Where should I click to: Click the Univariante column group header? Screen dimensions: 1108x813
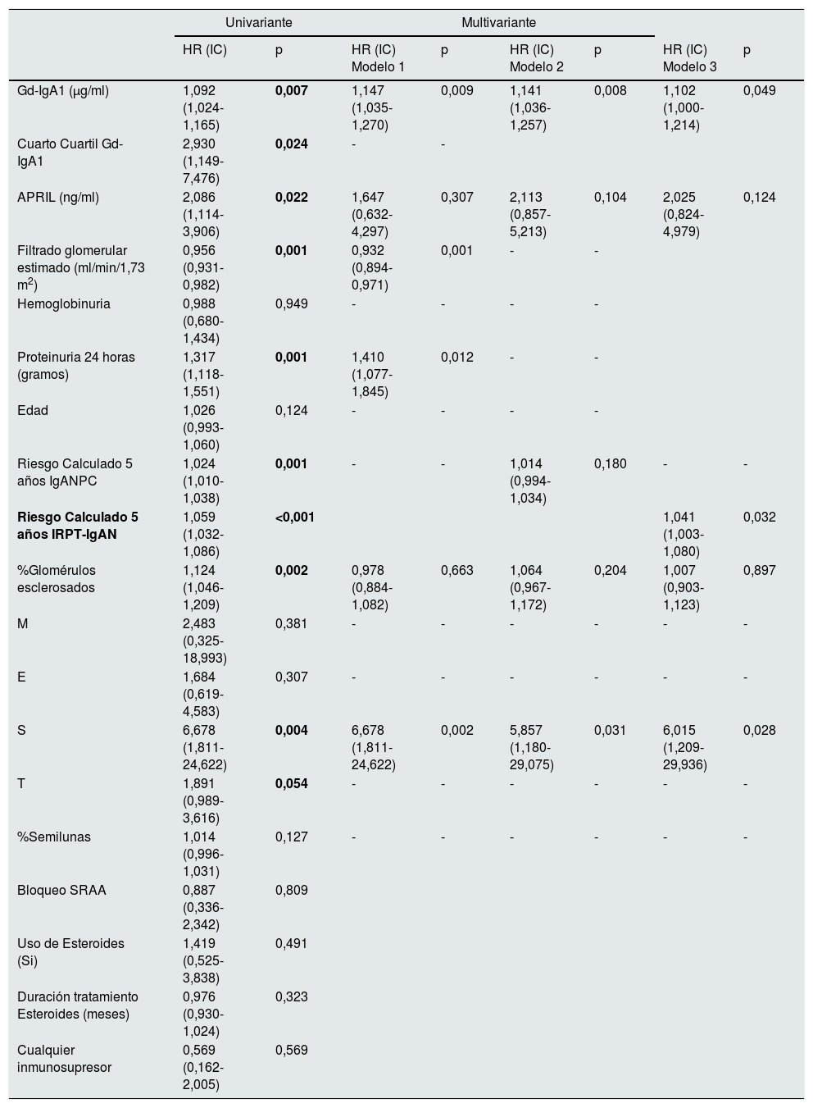click(x=259, y=23)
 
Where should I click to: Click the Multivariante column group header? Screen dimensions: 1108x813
click(x=498, y=23)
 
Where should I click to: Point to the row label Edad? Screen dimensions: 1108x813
click(x=33, y=411)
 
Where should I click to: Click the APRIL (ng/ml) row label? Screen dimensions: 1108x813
click(x=58, y=198)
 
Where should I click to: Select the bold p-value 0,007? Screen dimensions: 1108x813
click(x=292, y=91)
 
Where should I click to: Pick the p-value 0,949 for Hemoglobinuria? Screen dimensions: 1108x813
click(x=292, y=304)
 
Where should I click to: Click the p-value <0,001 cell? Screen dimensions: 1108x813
click(x=295, y=518)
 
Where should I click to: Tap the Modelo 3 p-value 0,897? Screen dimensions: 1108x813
click(x=759, y=571)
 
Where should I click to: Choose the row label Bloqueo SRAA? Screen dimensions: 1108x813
click(x=61, y=891)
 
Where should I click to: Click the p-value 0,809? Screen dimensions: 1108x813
click(x=292, y=891)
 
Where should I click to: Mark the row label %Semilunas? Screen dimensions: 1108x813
click(x=54, y=837)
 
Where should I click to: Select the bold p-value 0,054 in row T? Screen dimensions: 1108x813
click(x=292, y=784)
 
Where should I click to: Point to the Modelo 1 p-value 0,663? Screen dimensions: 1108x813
click(x=456, y=571)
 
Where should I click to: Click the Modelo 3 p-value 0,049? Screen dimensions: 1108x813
click(x=759, y=91)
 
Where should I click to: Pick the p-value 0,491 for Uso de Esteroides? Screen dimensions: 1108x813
click(x=292, y=944)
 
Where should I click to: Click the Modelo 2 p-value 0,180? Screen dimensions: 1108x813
click(x=610, y=464)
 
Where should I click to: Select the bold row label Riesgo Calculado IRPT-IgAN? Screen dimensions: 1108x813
click(x=78, y=526)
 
